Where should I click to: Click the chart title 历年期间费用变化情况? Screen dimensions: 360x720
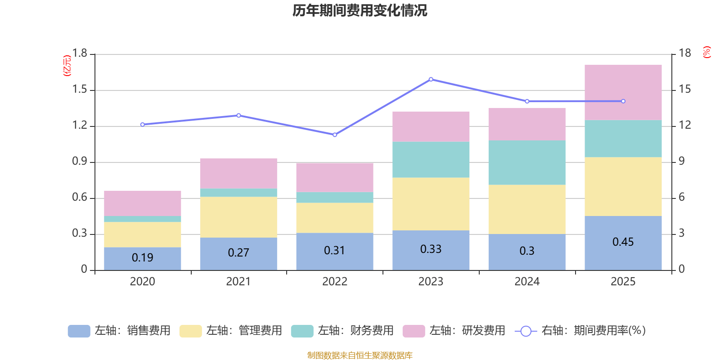pyautogui.click(x=360, y=10)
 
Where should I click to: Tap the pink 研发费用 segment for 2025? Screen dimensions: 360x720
pyautogui.click(x=623, y=92)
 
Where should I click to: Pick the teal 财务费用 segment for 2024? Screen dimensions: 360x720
pyautogui.click(x=526, y=162)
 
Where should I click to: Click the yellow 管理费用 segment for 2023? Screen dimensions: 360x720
pyautogui.click(x=431, y=204)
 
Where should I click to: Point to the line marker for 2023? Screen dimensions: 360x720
pyautogui.click(x=431, y=79)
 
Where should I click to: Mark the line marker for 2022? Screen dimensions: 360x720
pyautogui.click(x=334, y=135)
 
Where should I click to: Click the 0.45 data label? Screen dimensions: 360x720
pyautogui.click(x=623, y=242)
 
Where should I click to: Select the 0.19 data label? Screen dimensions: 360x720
pyautogui.click(x=142, y=258)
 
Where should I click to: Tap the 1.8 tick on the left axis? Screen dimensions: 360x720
pyautogui.click(x=80, y=54)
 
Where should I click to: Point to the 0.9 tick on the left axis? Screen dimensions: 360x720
pyautogui.click(x=80, y=162)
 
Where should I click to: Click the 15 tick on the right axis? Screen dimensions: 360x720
pyautogui.click(x=684, y=90)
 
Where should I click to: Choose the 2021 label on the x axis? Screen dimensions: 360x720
pyautogui.click(x=238, y=282)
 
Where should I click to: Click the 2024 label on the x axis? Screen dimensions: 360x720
pyautogui.click(x=526, y=282)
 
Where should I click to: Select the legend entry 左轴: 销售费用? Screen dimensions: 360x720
pyautogui.click(x=119, y=331)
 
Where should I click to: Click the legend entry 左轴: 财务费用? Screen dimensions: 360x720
pyautogui.click(x=342, y=331)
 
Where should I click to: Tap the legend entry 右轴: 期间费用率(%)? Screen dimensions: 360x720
pyautogui.click(x=580, y=331)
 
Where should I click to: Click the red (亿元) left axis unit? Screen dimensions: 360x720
pyautogui.click(x=67, y=66)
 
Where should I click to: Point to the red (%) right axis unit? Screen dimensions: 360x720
pyautogui.click(x=706, y=52)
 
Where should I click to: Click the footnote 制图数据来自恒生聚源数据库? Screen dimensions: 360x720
pyautogui.click(x=360, y=355)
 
